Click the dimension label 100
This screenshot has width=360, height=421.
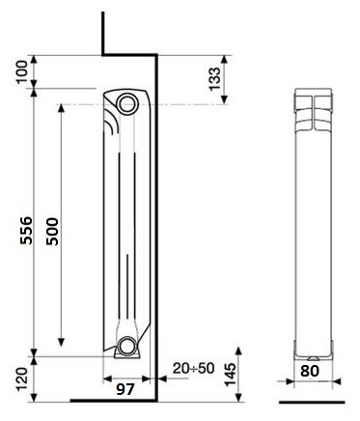pos(22,71)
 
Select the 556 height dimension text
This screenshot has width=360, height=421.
pos(26,231)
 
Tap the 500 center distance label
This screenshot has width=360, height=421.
pos(52,232)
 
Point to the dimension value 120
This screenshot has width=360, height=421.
pos(22,379)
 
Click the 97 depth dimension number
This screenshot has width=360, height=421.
pos(125,390)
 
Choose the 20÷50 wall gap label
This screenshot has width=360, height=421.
pos(193,369)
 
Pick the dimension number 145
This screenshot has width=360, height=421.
pos(231,375)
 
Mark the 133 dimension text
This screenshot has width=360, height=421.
pos(214,79)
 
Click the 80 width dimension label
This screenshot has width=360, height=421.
pos(310,371)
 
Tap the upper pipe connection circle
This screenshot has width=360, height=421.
pos(127,103)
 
